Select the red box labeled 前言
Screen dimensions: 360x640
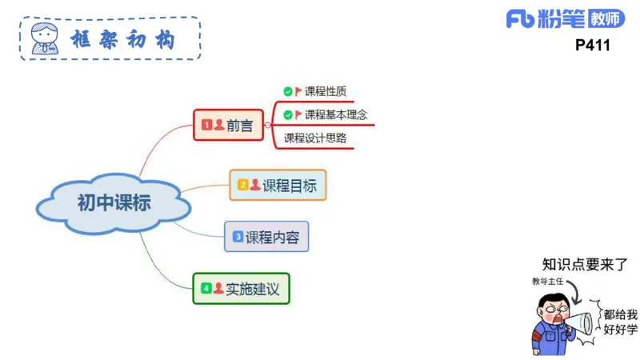pos(228,125)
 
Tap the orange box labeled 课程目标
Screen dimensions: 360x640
pos(278,186)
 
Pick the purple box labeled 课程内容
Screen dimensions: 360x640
pos(266,237)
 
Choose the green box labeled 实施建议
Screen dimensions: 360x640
pos(241,288)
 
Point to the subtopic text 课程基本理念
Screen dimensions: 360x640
pos(336,114)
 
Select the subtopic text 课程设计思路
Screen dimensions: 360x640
pos(315,138)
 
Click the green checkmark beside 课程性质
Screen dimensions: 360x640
pos(288,91)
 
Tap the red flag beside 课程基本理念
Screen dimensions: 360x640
pos(298,114)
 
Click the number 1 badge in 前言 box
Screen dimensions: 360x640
pos(206,125)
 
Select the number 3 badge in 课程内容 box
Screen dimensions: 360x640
pos(238,237)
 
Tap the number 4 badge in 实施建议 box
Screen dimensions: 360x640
pos(206,288)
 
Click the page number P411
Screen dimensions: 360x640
pos(592,46)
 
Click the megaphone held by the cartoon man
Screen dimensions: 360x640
pos(582,322)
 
